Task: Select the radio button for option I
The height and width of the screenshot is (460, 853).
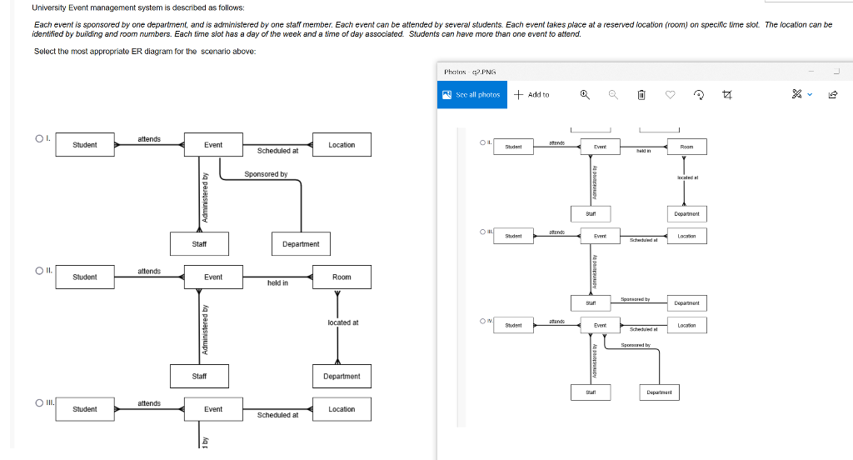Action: tap(38, 138)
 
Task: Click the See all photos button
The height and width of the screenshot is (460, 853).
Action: tap(472, 94)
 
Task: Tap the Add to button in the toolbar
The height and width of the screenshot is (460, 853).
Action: tap(531, 94)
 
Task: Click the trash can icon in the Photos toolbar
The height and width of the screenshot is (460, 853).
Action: tap(641, 95)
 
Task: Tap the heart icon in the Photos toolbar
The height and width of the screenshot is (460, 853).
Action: tap(670, 95)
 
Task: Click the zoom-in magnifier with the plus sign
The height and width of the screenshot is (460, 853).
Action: tap(585, 94)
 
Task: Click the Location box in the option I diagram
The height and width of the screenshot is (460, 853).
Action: tap(342, 145)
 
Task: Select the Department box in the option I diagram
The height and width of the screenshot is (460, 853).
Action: tap(301, 244)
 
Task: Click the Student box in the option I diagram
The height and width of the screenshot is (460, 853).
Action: tap(84, 145)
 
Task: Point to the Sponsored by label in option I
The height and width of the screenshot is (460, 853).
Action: tap(266, 174)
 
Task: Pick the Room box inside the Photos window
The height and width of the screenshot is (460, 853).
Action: tap(686, 147)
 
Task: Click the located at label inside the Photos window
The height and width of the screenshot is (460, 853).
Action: tap(687, 177)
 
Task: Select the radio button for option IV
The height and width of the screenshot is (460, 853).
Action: tap(482, 321)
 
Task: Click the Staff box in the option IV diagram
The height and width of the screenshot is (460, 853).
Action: tap(591, 392)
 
